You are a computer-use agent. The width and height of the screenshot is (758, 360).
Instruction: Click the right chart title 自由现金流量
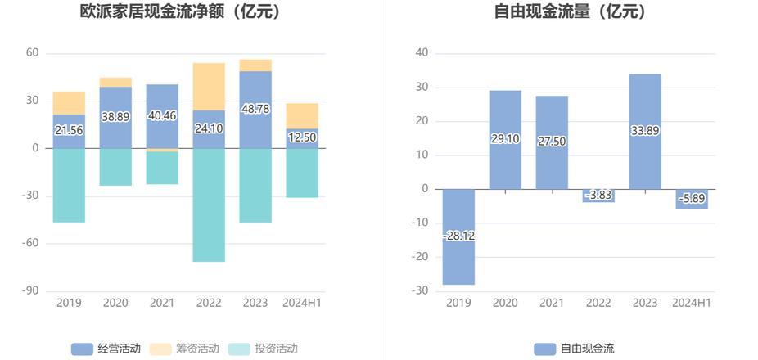(x=570, y=11)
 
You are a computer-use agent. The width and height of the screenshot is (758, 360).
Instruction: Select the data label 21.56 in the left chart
(x=69, y=130)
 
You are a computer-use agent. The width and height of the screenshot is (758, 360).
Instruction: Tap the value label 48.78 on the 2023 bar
(x=255, y=108)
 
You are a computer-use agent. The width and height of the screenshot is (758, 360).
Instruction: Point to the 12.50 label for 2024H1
(x=301, y=137)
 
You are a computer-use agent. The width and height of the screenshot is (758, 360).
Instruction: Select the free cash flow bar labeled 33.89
(x=645, y=115)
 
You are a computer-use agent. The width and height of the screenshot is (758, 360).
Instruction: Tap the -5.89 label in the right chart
(x=692, y=198)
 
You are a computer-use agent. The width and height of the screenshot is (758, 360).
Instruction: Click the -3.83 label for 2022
(x=598, y=195)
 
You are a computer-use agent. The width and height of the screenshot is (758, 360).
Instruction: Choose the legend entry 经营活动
(x=106, y=349)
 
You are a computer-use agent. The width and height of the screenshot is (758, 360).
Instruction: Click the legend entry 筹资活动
(x=186, y=349)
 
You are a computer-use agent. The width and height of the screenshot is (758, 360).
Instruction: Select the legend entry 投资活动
(x=264, y=349)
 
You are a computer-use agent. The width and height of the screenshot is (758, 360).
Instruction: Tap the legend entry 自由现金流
(x=575, y=349)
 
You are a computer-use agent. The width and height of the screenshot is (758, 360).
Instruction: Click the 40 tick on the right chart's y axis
(x=422, y=53)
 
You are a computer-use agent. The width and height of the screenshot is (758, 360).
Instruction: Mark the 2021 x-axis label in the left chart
(x=162, y=303)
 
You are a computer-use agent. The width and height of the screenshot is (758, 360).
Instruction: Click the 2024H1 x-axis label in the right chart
(x=692, y=303)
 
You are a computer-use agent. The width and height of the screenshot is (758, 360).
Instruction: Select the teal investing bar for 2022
(x=209, y=205)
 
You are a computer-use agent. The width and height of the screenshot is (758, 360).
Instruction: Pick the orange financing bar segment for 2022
(x=209, y=86)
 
